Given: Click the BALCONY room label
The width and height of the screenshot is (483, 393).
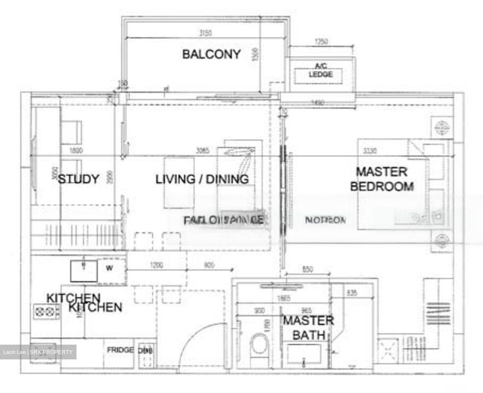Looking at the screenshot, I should point(211,54).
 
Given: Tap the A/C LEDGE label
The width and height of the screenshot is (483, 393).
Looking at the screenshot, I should point(320,71).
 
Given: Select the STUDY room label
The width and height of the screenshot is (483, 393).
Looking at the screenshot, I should point(79,179).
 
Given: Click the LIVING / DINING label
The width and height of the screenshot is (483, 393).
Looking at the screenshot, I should point(202,179).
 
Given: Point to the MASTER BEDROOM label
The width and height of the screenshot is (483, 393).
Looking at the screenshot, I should point(382,179).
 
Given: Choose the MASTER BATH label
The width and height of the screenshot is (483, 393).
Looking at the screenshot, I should point(308,327).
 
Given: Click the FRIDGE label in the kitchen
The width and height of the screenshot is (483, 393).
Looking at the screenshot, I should point(120,350).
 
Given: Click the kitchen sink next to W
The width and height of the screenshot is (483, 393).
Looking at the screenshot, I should point(84,270).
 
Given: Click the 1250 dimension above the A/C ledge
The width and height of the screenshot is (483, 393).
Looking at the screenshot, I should point(321,42).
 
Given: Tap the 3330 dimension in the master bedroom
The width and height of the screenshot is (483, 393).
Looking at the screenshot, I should point(369,151).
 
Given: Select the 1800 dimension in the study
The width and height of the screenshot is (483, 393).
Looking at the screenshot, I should point(76,151).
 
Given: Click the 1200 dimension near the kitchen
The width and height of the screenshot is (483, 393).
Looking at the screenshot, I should point(156,265).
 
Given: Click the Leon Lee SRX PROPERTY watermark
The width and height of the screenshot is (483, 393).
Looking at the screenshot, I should point(38,352).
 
